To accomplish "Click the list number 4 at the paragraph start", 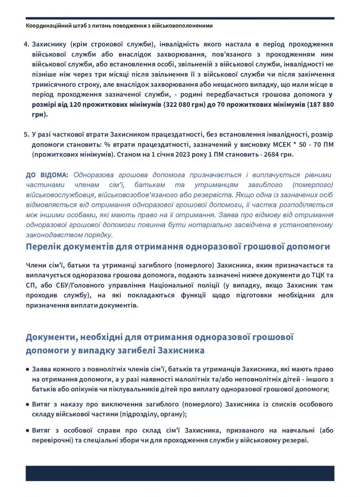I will click(27, 44).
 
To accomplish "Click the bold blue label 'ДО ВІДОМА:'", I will click(47, 175).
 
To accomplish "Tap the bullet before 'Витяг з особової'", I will click(28, 430).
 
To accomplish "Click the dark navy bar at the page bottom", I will click(180, 473).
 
